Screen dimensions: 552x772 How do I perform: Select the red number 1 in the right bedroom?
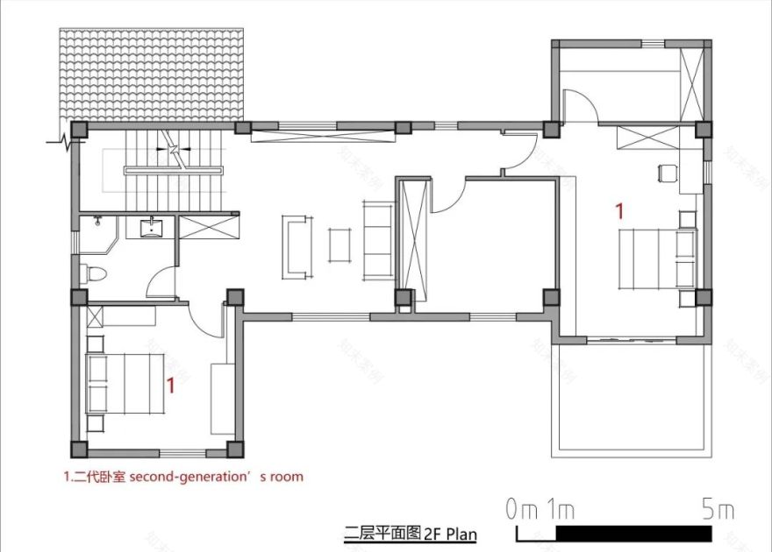[x=619, y=210]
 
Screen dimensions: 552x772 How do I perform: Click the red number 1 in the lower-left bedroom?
[x=171, y=385]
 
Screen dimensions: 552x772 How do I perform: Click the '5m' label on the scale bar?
[x=717, y=508]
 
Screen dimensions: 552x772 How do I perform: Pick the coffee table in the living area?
[x=340, y=245]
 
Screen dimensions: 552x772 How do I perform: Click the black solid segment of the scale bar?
[x=634, y=533]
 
